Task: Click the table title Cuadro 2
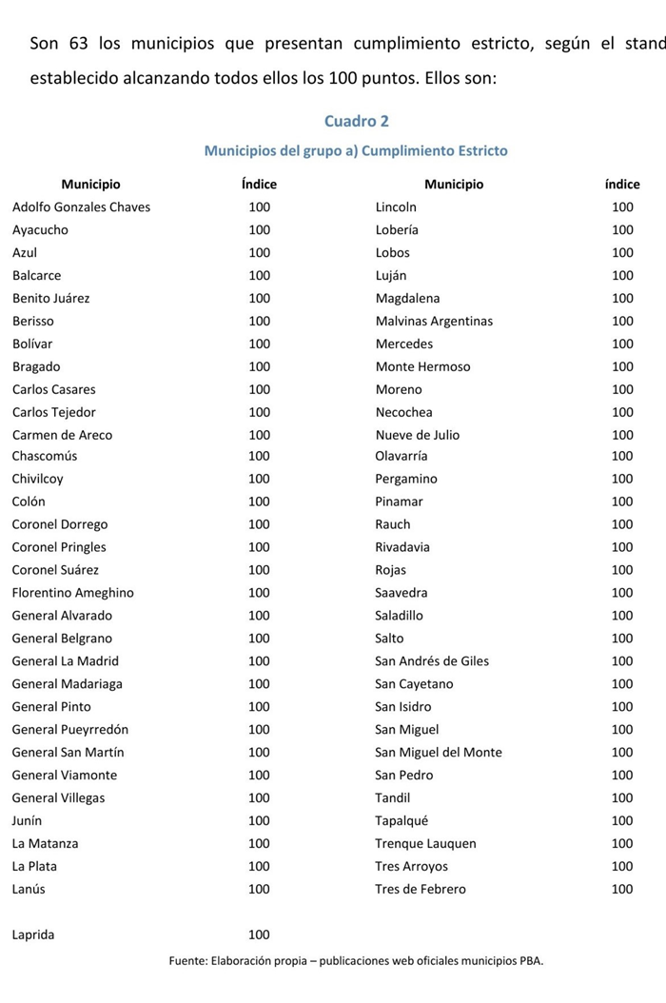[356, 121]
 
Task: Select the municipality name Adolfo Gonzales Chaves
[81, 206]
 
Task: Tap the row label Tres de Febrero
[421, 889]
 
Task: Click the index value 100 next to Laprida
[259, 934]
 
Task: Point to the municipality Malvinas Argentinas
[434, 321]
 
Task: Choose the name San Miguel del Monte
[439, 752]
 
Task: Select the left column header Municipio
[90, 184]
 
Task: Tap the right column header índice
[622, 184]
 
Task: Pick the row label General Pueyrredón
[70, 729]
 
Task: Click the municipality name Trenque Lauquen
[425, 843]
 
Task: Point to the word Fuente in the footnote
[189, 960]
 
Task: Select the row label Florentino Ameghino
[73, 592]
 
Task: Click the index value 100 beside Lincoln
[622, 206]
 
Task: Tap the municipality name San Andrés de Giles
[432, 660]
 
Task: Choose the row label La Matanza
[45, 843]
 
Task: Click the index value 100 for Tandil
[622, 797]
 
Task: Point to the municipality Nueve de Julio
[417, 435]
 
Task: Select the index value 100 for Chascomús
[259, 456]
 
